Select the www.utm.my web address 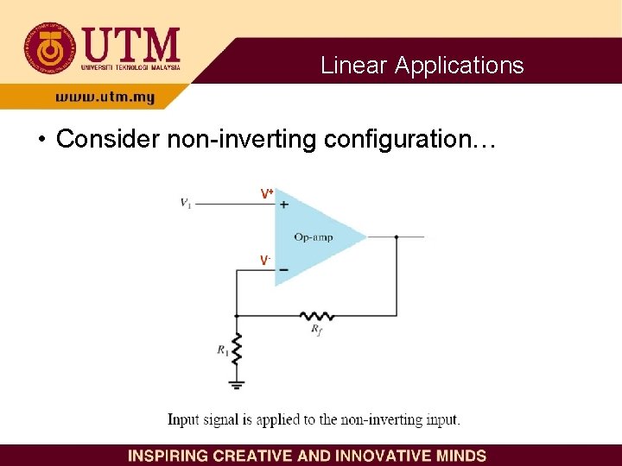pyautogui.click(x=105, y=98)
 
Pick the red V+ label pyautogui.click(x=268, y=194)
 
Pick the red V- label pyautogui.click(x=266, y=260)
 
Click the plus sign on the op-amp pyautogui.click(x=284, y=205)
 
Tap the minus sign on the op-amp pyautogui.click(x=283, y=269)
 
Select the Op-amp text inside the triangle pyautogui.click(x=313, y=237)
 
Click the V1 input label pyautogui.click(x=186, y=204)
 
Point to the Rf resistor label pyautogui.click(x=317, y=330)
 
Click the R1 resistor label pyautogui.click(x=222, y=349)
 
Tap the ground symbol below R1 pyautogui.click(x=237, y=383)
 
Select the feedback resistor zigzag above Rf pyautogui.click(x=316, y=314)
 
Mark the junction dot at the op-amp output pyautogui.click(x=397, y=236)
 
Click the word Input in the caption pyautogui.click(x=183, y=420)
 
